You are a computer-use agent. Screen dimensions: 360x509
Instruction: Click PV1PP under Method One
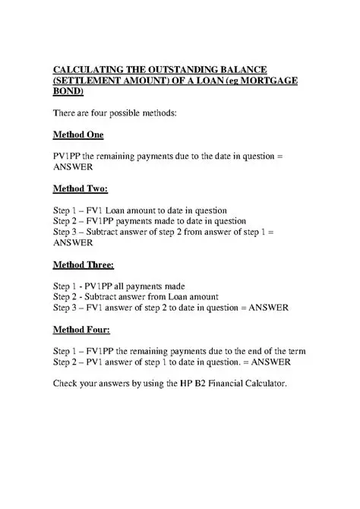(66, 156)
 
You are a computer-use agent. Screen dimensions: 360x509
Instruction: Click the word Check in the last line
(66, 384)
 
